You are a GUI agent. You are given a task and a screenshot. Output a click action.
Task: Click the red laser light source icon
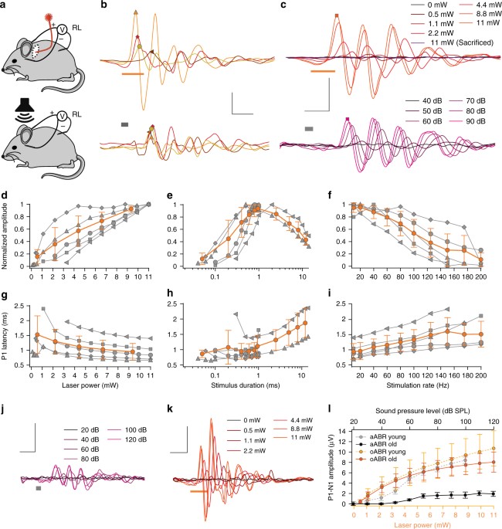(55, 17)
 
